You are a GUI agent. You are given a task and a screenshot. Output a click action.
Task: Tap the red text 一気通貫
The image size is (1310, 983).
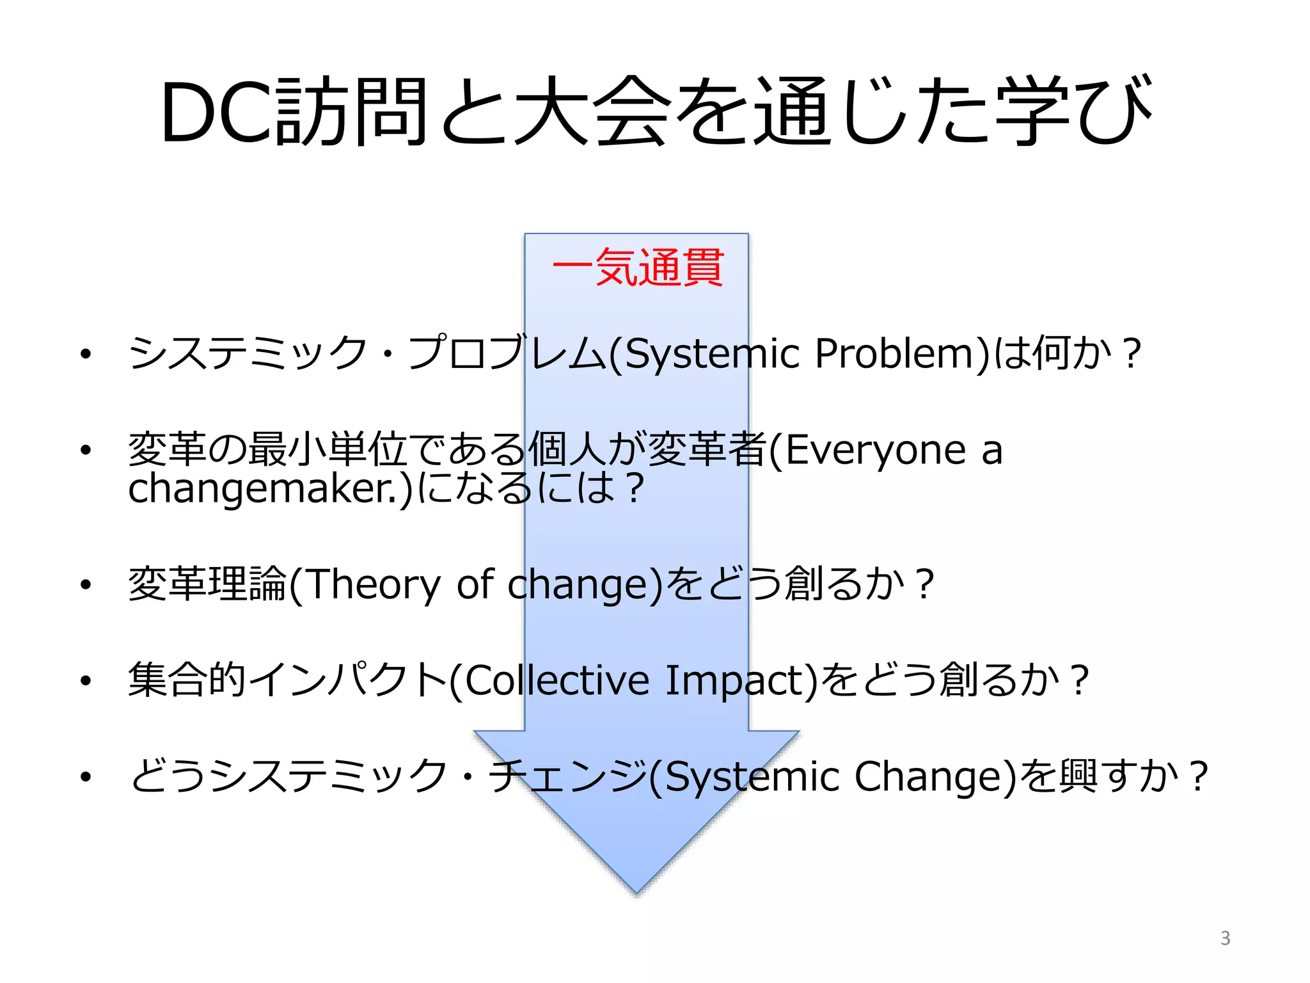point(637,268)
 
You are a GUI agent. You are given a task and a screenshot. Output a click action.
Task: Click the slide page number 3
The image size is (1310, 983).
point(1225,938)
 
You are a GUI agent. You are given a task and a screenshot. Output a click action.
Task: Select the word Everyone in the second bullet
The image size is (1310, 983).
point(875,450)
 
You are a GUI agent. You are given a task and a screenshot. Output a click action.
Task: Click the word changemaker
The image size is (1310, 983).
point(264,488)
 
